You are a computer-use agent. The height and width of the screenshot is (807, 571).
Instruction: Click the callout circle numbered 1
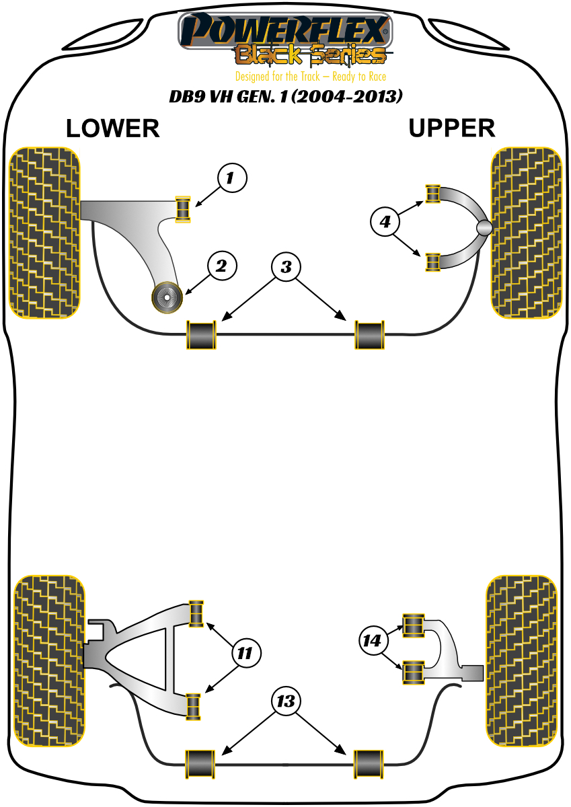[232, 178]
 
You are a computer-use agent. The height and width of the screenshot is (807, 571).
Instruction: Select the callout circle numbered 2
[222, 266]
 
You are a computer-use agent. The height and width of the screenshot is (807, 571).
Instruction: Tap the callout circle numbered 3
[287, 268]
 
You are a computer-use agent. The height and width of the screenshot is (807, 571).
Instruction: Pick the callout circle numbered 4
[385, 221]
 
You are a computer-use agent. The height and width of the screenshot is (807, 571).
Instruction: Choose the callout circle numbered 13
[287, 702]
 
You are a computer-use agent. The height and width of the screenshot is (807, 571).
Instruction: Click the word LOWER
[113, 128]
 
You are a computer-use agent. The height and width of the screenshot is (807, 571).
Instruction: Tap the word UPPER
[451, 128]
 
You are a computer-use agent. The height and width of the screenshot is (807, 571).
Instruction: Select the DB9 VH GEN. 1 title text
[286, 97]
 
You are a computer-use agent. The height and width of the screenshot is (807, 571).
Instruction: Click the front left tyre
[45, 232]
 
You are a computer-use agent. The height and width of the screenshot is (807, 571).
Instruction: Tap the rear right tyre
[523, 662]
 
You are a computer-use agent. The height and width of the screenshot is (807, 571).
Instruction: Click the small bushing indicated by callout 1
[182, 208]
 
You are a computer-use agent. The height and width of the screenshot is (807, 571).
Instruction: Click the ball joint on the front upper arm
[484, 228]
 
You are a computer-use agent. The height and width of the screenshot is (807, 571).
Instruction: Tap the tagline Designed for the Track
[310, 77]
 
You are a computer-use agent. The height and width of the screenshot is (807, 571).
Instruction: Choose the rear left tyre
[50, 662]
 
